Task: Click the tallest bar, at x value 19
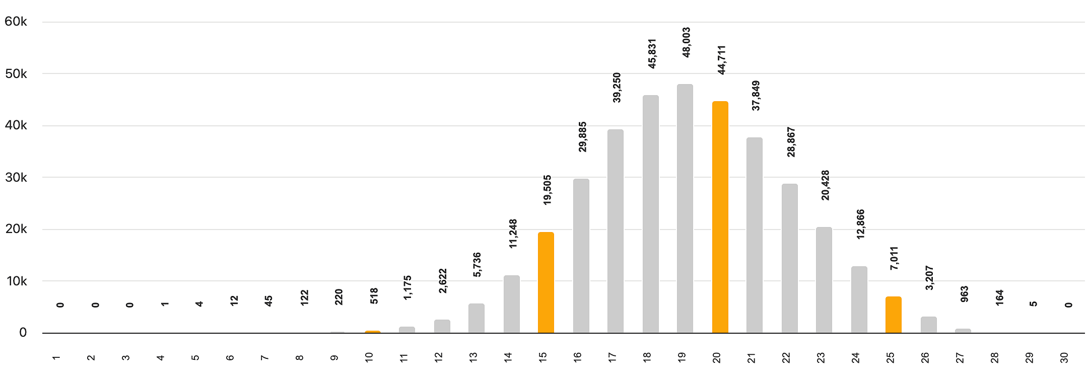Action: (685, 208)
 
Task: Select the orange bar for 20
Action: (720, 217)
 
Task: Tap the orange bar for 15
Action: (546, 282)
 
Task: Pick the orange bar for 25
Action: (894, 315)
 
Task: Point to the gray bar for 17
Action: (616, 231)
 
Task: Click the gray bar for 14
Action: (512, 304)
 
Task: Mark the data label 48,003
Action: (686, 42)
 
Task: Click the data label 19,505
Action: (548, 190)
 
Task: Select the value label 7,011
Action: (895, 258)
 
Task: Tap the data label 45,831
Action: (652, 53)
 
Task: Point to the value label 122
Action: (304, 297)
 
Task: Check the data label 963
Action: (965, 294)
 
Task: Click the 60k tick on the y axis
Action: (16, 22)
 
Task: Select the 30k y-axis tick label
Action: (16, 177)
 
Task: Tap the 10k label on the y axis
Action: (17, 281)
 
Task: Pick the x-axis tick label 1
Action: (56, 358)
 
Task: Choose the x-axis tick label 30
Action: (1064, 358)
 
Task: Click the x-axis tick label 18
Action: (647, 357)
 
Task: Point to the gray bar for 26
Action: (929, 325)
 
